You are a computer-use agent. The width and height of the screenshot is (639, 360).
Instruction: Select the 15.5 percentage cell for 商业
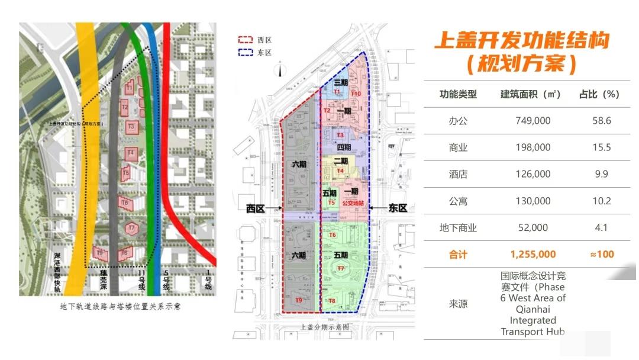[601, 147]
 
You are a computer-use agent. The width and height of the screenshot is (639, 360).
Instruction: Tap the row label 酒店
[457, 174]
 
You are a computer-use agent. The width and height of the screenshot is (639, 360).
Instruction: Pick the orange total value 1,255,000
[532, 255]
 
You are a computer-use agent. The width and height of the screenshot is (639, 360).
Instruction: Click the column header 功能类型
[457, 95]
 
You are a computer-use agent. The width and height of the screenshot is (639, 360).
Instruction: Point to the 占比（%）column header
[599, 95]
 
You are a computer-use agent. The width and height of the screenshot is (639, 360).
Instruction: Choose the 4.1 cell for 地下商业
[601, 228]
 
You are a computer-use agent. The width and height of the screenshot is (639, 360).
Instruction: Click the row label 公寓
[457, 201]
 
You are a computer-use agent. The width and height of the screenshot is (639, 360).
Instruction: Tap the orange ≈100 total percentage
[601, 255]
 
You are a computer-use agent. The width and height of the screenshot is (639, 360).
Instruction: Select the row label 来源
[457, 304]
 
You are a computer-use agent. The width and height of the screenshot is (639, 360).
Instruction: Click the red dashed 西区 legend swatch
[246, 40]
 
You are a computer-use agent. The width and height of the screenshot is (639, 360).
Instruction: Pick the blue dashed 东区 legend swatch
[246, 53]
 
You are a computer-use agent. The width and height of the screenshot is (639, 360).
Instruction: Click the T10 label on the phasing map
[356, 94]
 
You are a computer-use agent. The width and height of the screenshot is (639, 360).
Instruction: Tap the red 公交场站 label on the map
[353, 202]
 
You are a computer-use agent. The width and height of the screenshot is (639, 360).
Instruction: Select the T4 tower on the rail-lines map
[131, 153]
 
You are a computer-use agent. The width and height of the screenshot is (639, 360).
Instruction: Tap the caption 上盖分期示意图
[325, 327]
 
